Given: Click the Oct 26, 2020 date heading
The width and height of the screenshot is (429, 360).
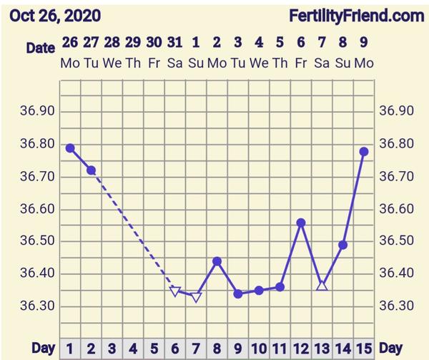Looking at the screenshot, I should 55,15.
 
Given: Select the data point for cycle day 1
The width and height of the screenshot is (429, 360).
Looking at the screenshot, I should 70,148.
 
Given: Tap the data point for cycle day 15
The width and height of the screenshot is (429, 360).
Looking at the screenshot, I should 364,151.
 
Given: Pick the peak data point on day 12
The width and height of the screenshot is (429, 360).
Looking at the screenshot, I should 301,223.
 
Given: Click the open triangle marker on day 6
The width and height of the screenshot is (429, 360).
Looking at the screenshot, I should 175,291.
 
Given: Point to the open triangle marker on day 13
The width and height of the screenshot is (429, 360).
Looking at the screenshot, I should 322,286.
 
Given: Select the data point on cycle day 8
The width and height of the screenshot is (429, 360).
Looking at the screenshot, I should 217,261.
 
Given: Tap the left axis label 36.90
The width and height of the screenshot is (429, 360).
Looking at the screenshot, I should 39,112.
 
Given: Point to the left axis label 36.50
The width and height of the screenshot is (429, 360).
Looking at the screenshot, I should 39,241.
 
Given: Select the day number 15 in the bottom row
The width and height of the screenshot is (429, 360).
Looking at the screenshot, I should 363,349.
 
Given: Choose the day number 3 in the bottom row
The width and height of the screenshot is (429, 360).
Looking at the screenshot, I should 112,349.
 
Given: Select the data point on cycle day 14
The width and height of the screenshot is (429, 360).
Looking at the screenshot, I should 342,245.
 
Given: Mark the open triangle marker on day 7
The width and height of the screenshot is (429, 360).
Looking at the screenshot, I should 196,297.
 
